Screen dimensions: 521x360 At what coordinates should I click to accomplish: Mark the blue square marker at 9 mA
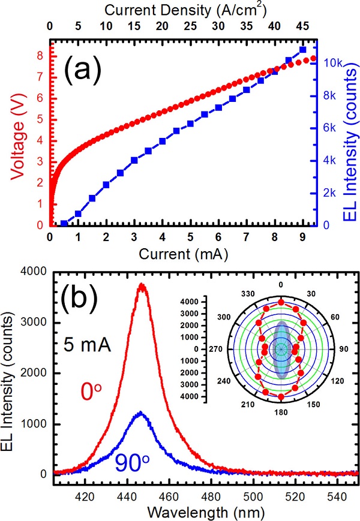(302, 50)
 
